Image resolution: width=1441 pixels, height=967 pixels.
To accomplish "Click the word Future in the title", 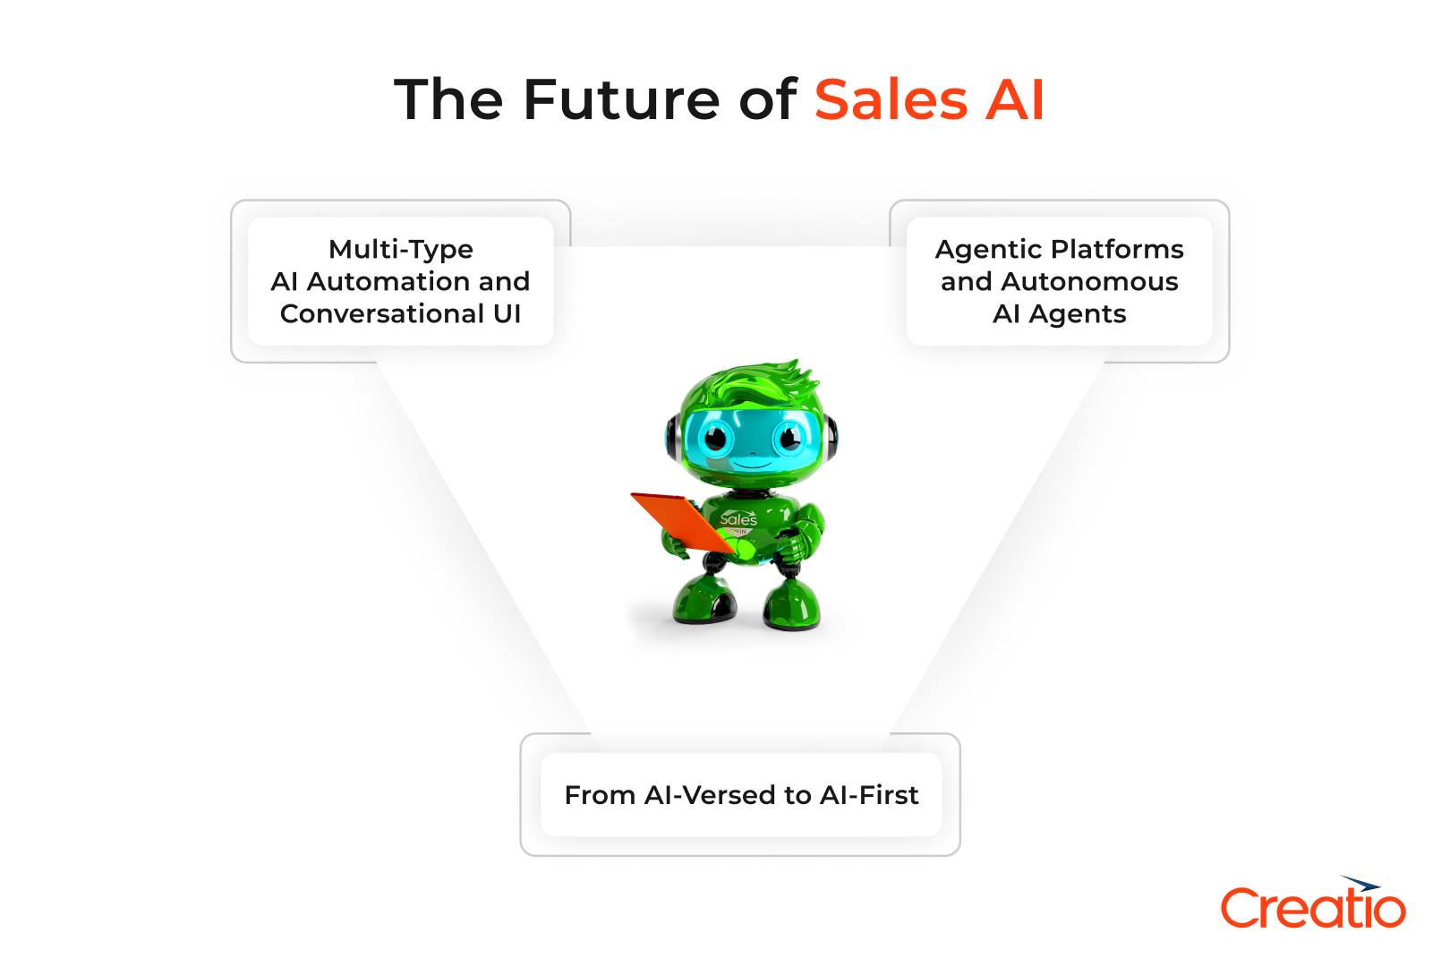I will coord(623,99).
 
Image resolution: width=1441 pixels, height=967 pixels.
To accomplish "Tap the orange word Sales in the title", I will coord(891,99).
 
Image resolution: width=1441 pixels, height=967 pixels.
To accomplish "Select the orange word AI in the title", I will coord(1015,99).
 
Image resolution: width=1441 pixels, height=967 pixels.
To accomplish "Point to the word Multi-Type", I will coord(401,249).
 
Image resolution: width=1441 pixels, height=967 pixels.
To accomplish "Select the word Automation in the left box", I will coord(388,281).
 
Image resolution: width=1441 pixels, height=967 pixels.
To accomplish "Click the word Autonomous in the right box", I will coord(1089,281).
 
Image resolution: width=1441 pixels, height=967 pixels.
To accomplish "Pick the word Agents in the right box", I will coord(1078,314).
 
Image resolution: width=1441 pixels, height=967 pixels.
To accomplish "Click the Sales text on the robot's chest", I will coord(738,519).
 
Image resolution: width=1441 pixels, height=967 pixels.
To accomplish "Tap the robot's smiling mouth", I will coord(753,465).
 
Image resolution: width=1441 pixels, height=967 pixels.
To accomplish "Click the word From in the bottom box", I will coord(600,795).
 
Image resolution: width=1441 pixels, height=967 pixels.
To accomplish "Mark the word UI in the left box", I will coord(507,313).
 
